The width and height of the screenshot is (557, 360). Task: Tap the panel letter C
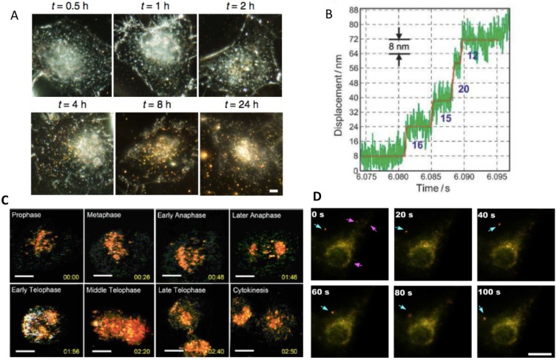pyautogui.click(x=6, y=200)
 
